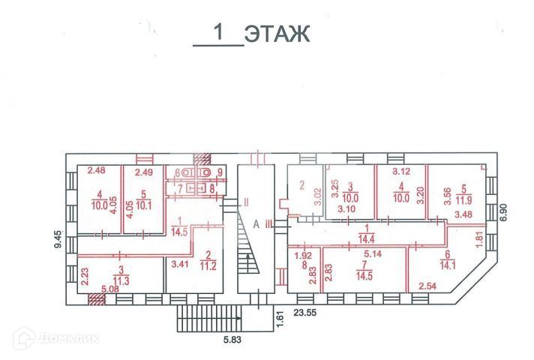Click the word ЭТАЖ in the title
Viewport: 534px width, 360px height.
point(277,34)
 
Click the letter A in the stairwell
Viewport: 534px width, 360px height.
point(256,223)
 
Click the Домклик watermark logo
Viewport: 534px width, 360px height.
point(55,338)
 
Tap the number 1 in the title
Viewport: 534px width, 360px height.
point(220,33)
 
